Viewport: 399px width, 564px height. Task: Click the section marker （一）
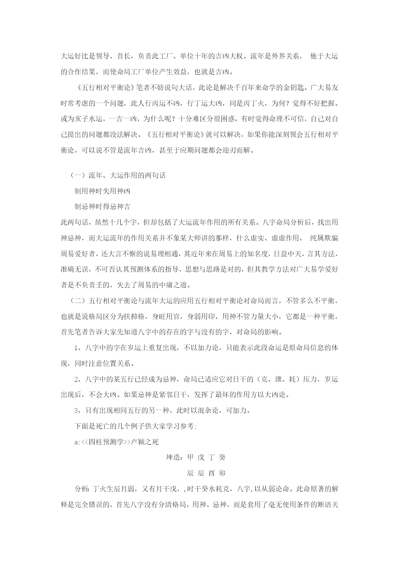pos(77,175)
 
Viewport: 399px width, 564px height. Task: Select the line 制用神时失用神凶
pos(102,191)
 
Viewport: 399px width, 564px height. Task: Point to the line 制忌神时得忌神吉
pos(102,206)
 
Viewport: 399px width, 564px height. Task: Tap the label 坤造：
pos(176,457)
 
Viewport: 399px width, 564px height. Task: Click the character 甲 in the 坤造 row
pos(190,457)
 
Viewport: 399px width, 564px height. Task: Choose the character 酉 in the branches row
pos(211,473)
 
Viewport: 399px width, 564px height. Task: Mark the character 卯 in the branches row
pos(222,473)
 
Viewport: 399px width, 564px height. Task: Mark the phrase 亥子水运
pos(88,119)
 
